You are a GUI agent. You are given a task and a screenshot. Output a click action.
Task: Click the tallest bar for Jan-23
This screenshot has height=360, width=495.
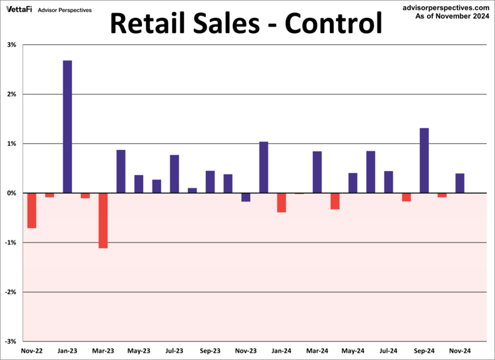coord(67,126)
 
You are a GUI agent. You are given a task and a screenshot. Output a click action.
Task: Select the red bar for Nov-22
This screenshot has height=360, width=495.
coord(32,210)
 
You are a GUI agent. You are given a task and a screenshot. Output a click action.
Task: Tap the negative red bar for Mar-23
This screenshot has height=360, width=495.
coord(103,220)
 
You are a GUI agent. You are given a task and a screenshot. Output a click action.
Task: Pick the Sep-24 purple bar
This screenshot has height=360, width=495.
coord(424,160)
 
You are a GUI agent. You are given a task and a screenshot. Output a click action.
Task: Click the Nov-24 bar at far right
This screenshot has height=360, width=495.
coord(459,183)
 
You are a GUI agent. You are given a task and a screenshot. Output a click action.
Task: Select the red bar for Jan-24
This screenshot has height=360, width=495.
coord(281,202)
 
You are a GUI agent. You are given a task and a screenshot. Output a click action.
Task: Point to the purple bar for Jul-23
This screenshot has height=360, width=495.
coord(174,174)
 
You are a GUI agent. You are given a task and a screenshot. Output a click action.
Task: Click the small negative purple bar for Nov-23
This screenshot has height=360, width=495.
coord(246,197)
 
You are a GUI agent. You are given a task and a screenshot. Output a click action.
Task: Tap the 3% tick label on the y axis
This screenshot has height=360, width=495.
coord(12,45)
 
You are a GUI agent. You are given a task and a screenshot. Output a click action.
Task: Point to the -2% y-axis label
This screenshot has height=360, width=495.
coord(11,292)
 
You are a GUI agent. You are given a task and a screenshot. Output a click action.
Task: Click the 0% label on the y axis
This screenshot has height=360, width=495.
coord(12,193)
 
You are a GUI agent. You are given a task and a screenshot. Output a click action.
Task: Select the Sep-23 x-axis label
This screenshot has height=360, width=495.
coord(210,351)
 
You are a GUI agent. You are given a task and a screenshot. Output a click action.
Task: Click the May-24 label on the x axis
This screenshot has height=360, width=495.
coord(352,351)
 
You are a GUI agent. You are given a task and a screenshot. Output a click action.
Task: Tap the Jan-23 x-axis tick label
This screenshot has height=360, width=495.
coord(67,351)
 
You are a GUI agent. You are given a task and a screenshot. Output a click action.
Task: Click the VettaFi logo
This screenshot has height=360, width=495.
coord(19,9)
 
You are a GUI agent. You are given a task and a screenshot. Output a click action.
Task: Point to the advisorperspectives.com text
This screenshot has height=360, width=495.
coord(446,6)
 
